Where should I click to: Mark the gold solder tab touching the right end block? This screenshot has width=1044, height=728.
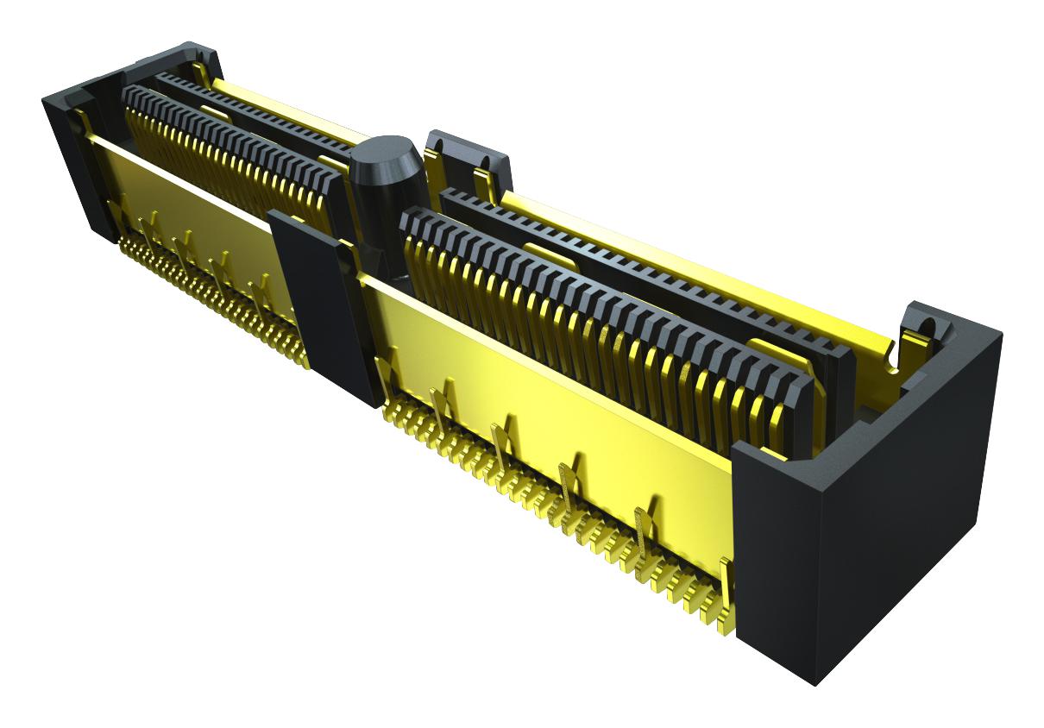click(x=726, y=595)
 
